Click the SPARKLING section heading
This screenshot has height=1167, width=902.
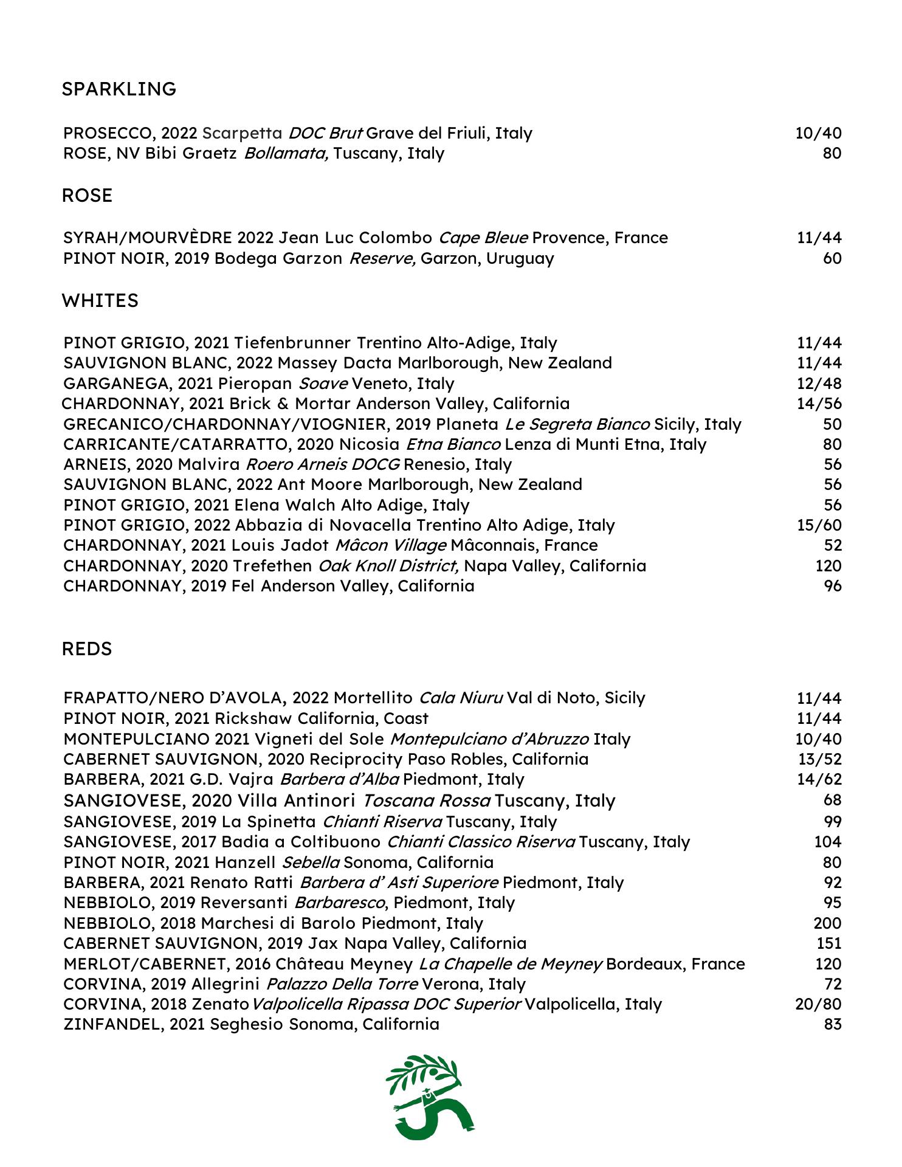[x=119, y=89]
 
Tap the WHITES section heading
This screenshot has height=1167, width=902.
[x=100, y=301]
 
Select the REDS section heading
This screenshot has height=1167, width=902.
[x=87, y=649]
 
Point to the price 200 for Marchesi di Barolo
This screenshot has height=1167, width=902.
[x=827, y=923]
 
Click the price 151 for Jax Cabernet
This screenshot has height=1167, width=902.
[x=828, y=943]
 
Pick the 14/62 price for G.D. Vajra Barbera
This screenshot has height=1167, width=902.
[x=819, y=779]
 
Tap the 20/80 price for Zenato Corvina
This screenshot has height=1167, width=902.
[x=818, y=1004]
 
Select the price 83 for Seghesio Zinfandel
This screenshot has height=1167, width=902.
[x=832, y=1024]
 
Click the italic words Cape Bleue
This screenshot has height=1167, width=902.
[x=483, y=238]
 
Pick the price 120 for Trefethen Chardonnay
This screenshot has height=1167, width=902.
[x=828, y=566]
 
